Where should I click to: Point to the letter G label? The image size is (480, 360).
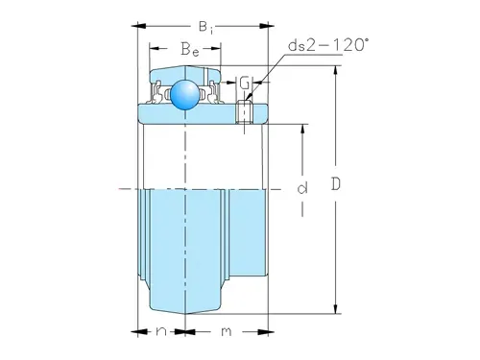pos(244,83)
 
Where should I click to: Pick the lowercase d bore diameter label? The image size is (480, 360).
pos(301,189)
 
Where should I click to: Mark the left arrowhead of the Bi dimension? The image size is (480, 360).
pos(137,25)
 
